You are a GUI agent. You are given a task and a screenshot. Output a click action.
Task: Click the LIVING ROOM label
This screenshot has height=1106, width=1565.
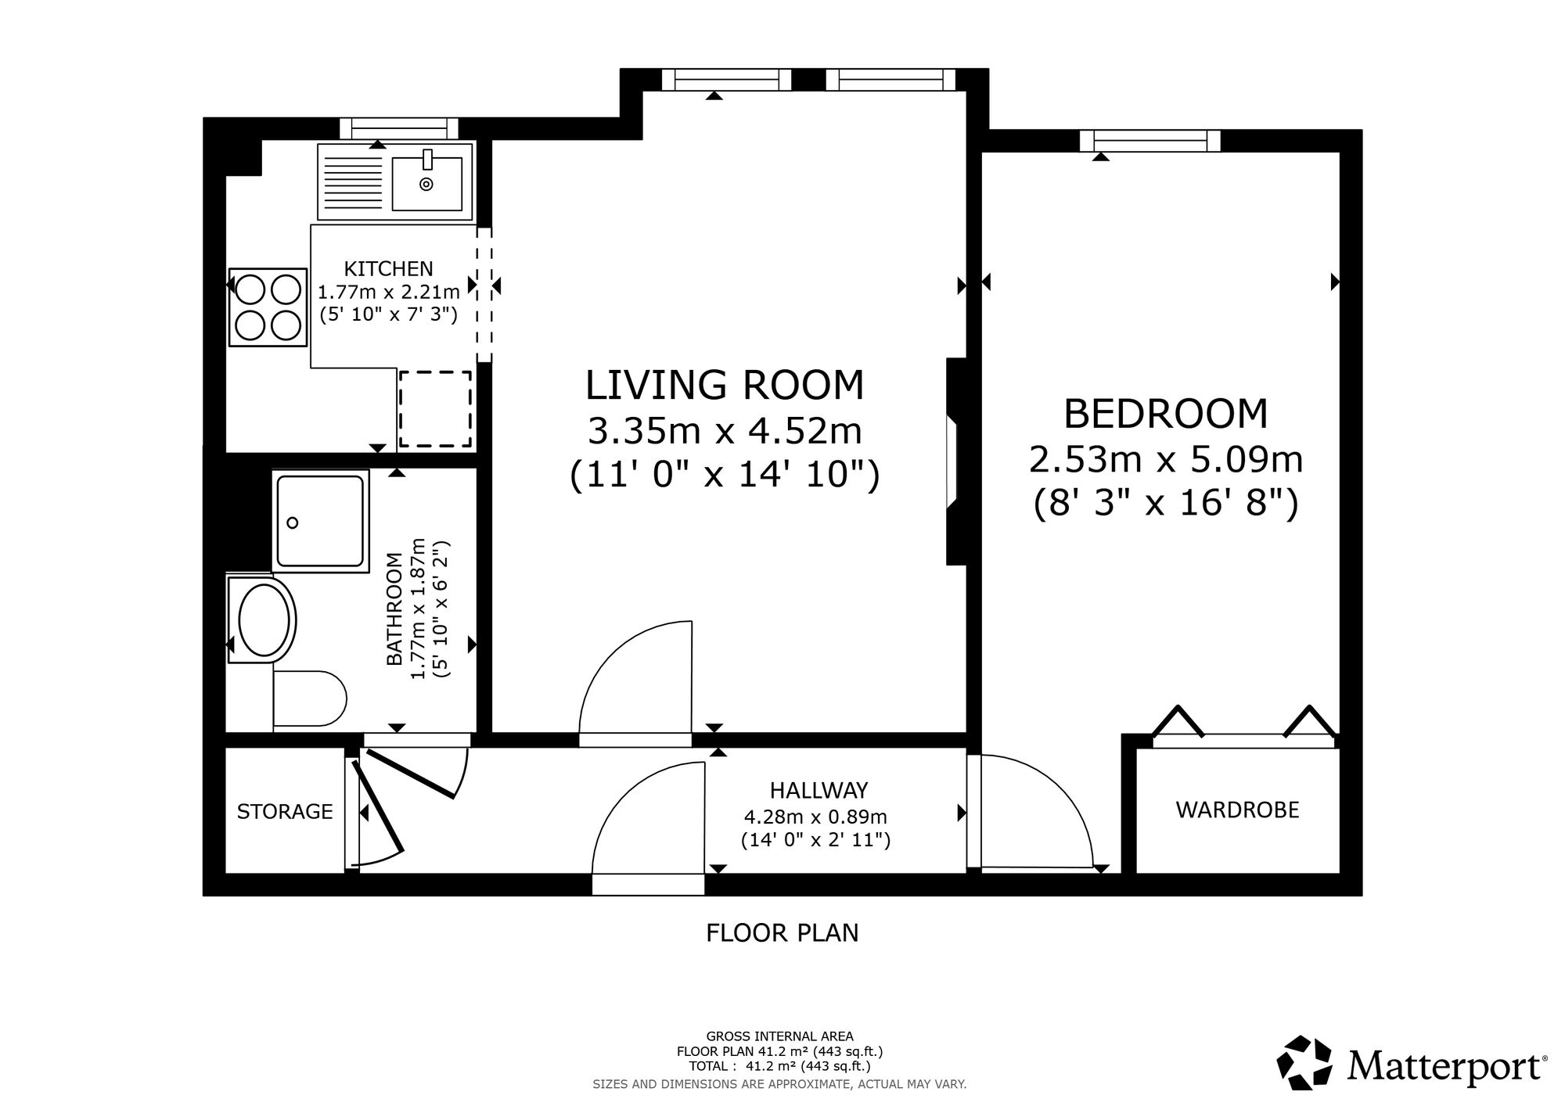click(725, 386)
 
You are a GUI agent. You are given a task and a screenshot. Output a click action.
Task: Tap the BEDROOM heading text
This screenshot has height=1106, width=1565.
click(1165, 415)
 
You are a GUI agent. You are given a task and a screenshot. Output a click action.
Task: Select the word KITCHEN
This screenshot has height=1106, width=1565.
click(389, 269)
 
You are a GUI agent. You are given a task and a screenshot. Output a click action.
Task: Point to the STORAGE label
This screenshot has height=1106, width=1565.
click(285, 812)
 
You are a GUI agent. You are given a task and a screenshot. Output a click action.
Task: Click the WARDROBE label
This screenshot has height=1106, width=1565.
click(1237, 810)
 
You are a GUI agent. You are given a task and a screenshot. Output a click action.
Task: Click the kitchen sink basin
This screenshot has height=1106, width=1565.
click(426, 183)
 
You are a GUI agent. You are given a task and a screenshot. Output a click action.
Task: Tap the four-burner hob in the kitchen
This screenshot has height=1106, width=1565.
click(268, 307)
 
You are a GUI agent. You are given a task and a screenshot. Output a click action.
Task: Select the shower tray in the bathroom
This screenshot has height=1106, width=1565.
click(321, 521)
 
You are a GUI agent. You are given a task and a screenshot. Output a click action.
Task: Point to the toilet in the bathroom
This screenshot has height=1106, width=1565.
click(310, 698)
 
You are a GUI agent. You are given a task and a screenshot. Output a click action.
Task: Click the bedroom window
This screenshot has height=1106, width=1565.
click(1149, 141)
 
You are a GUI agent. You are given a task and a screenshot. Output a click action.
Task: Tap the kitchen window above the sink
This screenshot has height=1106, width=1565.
click(399, 128)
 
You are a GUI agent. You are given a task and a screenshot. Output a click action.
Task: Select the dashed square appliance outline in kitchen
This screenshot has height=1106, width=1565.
click(436, 409)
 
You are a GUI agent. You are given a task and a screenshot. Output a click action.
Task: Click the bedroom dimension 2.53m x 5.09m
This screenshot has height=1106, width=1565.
click(1165, 460)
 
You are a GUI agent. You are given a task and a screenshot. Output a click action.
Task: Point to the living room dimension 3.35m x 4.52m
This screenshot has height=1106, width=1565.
click(725, 430)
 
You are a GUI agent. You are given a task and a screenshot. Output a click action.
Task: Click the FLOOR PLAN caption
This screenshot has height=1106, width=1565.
click(782, 933)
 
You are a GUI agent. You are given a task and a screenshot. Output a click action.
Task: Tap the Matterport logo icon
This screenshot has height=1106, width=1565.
click(1306, 1062)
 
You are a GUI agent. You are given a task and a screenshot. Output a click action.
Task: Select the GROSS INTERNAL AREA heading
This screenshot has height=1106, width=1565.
click(780, 1037)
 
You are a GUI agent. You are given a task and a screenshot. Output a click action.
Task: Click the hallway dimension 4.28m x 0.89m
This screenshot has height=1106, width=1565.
click(815, 817)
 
